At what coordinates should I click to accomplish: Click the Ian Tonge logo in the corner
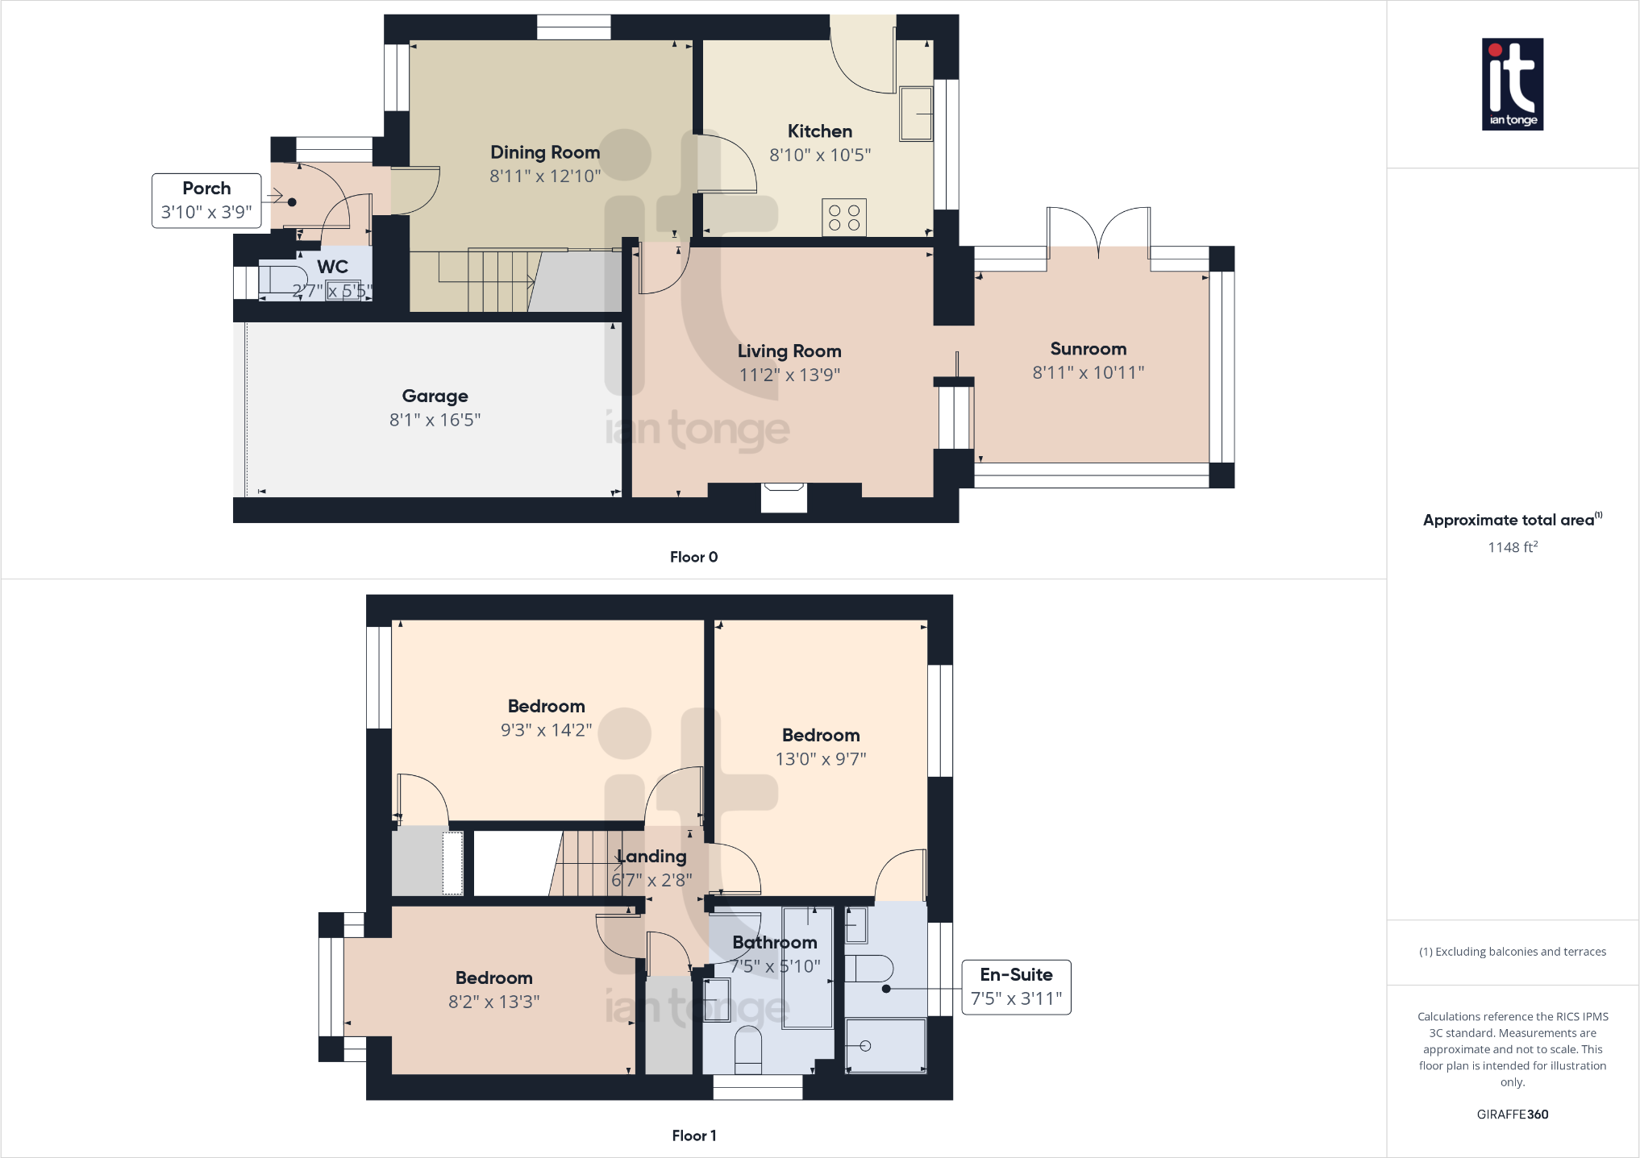point(1512,84)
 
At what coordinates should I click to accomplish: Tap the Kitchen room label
point(819,131)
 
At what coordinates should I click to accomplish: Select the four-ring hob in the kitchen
point(844,218)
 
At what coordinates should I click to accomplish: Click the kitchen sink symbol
point(915,114)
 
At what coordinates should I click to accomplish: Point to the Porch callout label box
point(206,201)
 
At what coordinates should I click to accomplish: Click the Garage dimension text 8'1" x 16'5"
point(435,420)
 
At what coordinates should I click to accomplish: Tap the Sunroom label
point(1088,349)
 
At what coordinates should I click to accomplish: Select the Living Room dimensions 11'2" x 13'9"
point(789,375)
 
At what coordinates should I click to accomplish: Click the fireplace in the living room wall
point(784,496)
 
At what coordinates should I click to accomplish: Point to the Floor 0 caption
point(693,557)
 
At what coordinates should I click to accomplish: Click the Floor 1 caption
point(693,1135)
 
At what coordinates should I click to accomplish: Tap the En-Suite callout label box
point(1016,986)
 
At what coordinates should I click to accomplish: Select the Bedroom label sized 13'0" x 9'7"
point(821,735)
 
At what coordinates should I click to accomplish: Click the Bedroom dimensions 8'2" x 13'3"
point(493,1002)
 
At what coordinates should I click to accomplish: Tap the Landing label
point(652,857)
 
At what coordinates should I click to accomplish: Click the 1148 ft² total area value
point(1512,547)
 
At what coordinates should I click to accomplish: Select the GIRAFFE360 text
point(1512,1114)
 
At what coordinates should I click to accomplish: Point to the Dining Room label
point(545,152)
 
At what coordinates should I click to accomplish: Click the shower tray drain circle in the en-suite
point(865,1046)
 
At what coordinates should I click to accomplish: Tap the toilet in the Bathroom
point(748,1049)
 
